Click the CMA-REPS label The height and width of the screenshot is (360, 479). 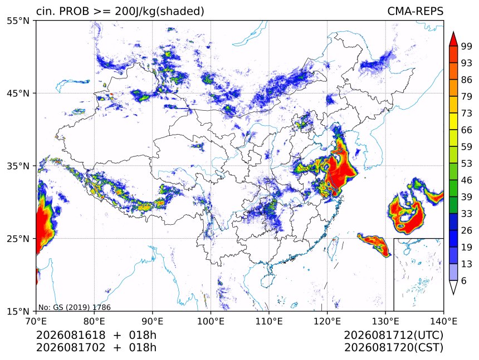coord(415,11)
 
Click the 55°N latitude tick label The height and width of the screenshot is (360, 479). coord(18,21)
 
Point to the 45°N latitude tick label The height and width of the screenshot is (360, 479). coord(18,93)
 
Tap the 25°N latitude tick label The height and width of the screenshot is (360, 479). coord(18,239)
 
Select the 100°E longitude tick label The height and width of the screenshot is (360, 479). coord(211,321)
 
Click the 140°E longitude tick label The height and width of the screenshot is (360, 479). coord(443,321)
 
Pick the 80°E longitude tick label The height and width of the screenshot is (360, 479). coord(94,321)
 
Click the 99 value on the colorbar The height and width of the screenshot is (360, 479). coord(467,46)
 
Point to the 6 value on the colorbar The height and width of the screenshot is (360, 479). coord(464,280)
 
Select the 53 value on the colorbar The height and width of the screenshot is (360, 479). coord(467,164)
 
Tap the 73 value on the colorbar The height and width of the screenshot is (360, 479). coord(467,113)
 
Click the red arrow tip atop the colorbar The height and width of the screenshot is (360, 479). coord(453,32)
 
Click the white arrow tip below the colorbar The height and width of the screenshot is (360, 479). coord(453,294)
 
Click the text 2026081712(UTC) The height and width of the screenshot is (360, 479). coord(393,336)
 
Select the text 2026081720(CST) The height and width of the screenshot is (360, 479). coord(393,348)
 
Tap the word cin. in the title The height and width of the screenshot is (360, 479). coord(46,11)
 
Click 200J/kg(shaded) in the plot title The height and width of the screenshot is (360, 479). coord(159,12)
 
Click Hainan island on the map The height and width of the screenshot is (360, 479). coord(267,280)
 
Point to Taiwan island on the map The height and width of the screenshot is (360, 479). coord(333,246)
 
